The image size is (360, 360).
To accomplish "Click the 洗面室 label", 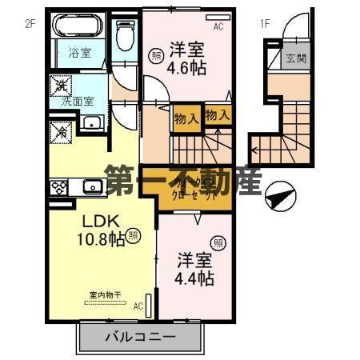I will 73,102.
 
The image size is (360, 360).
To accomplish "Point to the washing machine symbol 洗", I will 60,83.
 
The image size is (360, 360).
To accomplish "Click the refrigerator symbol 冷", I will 60,130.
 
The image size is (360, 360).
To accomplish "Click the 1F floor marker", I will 265,23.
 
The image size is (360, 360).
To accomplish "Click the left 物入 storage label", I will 186,119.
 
